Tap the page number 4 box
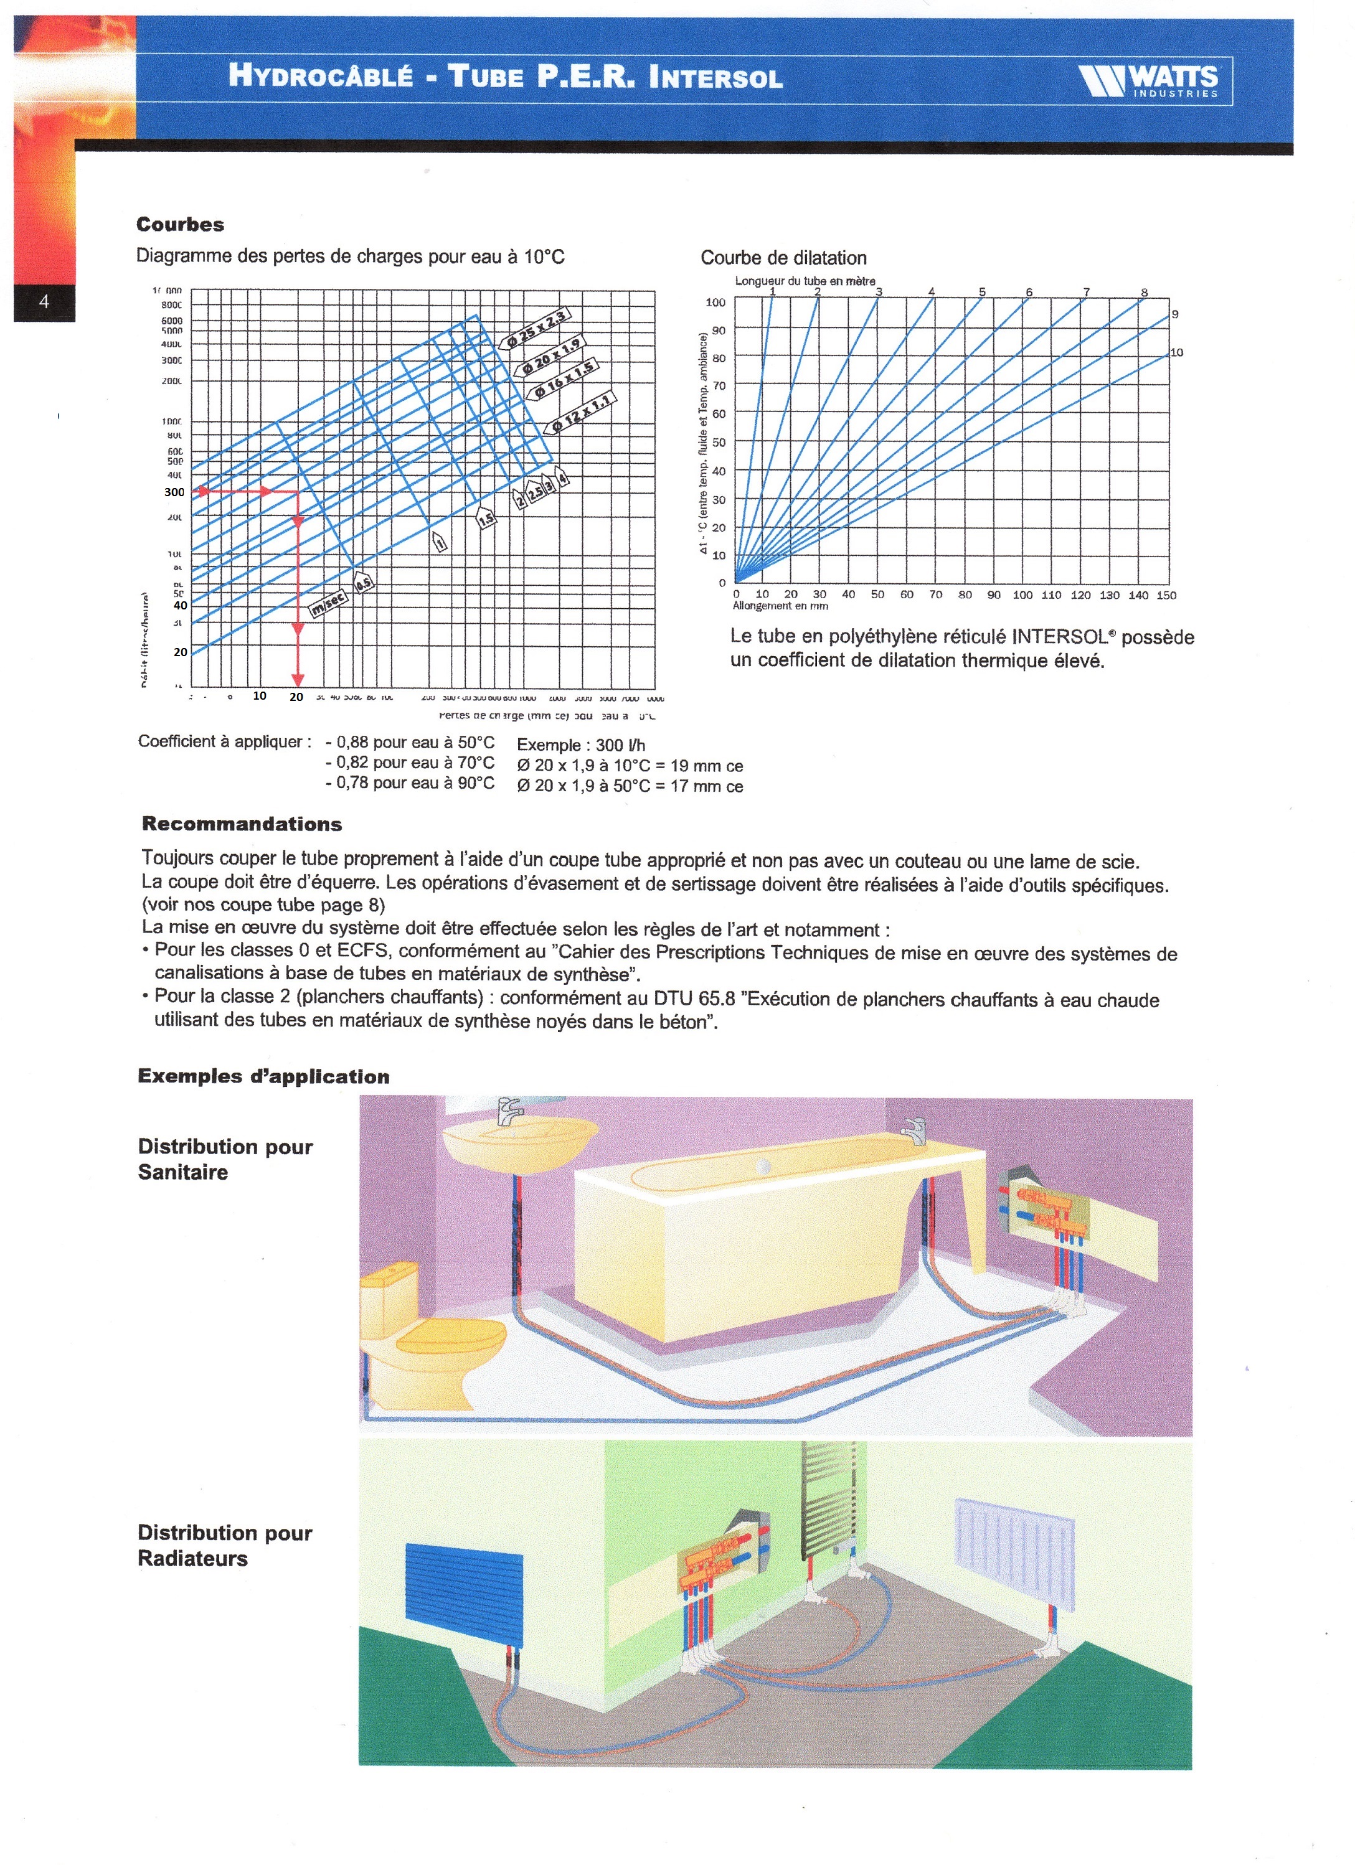(x=44, y=302)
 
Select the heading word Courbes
(x=180, y=225)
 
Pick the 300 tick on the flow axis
(x=174, y=492)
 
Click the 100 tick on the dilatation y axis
(x=715, y=303)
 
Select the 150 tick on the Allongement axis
(x=1166, y=594)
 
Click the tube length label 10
(x=1176, y=353)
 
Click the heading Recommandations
(x=242, y=824)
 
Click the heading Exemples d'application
(x=263, y=1076)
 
